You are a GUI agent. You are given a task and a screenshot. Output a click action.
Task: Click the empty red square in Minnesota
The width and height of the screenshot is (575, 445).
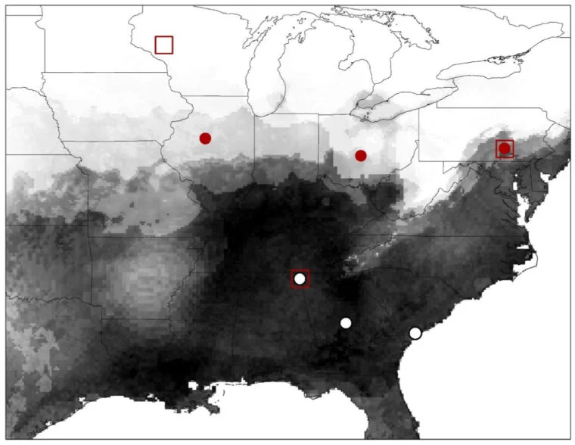click(x=164, y=45)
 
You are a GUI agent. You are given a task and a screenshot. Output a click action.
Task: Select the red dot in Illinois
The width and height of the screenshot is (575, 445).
click(x=205, y=138)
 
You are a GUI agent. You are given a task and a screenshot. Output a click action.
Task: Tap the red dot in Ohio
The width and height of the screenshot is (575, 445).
click(x=361, y=155)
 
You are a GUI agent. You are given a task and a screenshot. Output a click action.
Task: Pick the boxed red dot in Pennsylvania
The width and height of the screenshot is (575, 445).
click(x=505, y=148)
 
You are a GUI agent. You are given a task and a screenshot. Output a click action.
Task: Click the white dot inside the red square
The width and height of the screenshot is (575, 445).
click(x=300, y=279)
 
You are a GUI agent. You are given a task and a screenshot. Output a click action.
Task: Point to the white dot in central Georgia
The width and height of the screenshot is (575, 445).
click(x=346, y=322)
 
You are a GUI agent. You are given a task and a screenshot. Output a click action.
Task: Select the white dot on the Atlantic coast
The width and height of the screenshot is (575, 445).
click(x=415, y=333)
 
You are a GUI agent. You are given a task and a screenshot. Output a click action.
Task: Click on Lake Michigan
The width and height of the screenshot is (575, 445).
click(x=266, y=76)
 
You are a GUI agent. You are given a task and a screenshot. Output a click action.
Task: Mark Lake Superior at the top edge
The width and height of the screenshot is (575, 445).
click(x=227, y=15)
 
